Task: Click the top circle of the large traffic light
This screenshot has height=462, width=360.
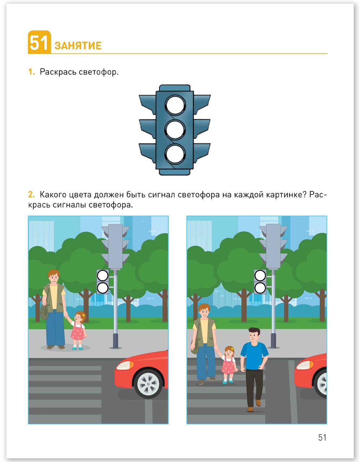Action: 175,105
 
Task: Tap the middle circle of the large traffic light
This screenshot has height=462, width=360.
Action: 175,130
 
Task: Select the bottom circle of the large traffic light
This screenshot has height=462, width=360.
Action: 175,154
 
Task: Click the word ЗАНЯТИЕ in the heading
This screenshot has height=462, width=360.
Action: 78,46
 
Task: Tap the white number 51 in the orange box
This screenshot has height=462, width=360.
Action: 39,43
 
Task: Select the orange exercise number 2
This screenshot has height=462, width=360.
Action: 31,194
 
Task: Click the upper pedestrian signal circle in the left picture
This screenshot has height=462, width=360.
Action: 103,276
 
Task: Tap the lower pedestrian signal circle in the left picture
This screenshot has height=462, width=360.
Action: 103,288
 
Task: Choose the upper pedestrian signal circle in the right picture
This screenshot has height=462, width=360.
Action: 260,276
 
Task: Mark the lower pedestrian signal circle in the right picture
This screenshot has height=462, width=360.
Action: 260,288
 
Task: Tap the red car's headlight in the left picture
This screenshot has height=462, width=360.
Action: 125,365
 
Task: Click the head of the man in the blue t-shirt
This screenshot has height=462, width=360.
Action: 254,335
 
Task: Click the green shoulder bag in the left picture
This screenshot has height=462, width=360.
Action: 44,311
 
